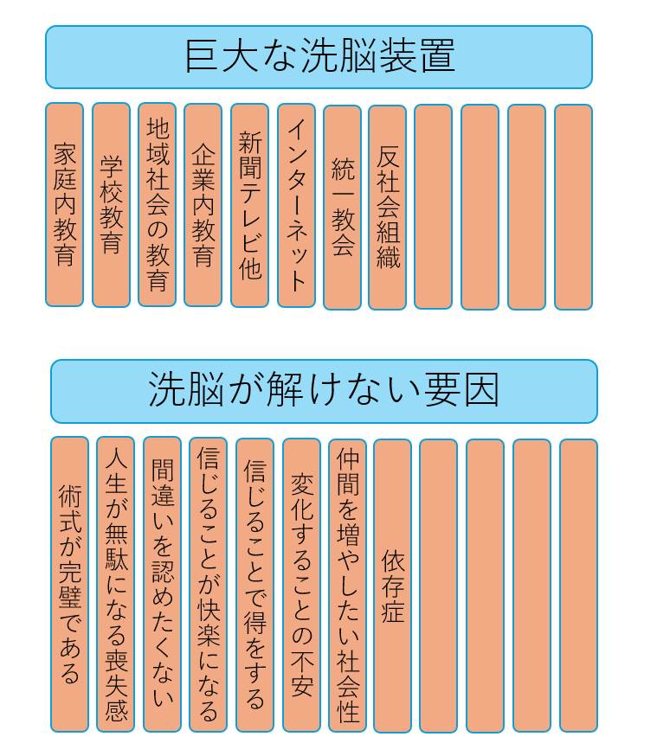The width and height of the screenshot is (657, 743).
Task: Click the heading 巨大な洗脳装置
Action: (x=319, y=57)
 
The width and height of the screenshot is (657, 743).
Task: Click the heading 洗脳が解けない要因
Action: (x=324, y=391)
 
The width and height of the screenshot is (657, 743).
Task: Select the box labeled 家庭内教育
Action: (x=65, y=205)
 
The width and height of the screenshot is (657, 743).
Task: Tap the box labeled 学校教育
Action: (x=111, y=205)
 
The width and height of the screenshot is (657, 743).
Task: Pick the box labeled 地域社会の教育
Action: (x=157, y=205)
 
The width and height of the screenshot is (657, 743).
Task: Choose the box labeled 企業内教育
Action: (x=203, y=205)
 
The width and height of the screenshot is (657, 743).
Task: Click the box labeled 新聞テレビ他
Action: (x=249, y=206)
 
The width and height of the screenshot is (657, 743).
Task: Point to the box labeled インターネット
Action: (x=296, y=206)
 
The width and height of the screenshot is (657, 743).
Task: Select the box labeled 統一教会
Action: (x=342, y=208)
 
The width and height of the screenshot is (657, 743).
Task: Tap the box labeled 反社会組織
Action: (x=388, y=208)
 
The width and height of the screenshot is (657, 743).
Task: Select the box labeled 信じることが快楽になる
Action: (x=208, y=585)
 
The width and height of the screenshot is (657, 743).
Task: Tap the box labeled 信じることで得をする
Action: (x=254, y=586)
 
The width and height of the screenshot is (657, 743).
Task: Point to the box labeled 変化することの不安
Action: (x=301, y=586)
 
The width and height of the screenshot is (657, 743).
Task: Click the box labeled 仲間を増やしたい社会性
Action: (x=347, y=586)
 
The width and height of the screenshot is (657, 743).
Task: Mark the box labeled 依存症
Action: (x=393, y=586)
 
